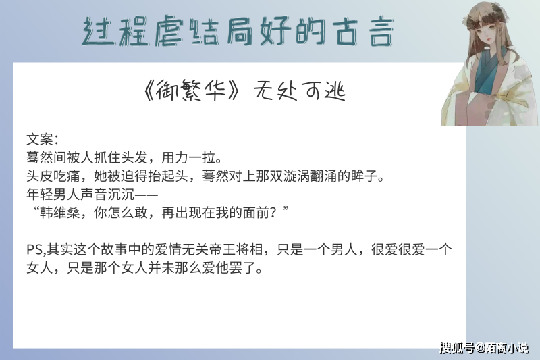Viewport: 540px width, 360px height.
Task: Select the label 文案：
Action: pyautogui.click(x=43, y=140)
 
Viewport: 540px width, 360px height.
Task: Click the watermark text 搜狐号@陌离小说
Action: pyautogui.click(x=484, y=348)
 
